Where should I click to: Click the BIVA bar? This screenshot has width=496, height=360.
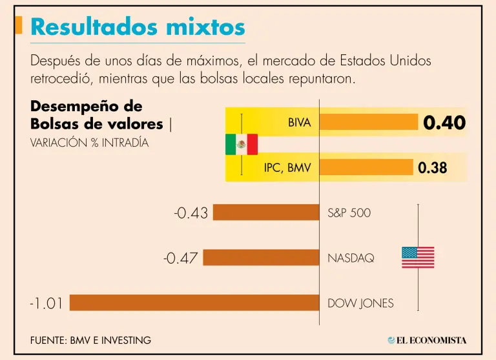point(369,122)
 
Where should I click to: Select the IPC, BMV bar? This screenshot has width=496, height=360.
point(366,167)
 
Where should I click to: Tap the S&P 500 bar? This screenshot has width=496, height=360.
point(266,212)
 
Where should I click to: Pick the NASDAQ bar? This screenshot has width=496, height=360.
point(262,257)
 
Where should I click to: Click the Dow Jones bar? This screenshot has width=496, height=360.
point(194,302)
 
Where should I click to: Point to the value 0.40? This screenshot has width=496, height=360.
point(444,123)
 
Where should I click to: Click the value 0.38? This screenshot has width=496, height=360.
point(432,168)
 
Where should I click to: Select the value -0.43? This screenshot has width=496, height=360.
point(191,213)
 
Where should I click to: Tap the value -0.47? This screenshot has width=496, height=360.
point(180,258)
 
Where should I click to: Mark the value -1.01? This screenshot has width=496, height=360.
point(46,303)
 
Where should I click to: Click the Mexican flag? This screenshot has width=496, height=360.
point(242,145)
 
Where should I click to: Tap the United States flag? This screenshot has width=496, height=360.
point(418,257)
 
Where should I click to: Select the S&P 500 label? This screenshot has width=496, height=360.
point(349,213)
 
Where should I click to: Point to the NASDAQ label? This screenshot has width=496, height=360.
point(351,258)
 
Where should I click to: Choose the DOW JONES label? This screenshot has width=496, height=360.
point(360,303)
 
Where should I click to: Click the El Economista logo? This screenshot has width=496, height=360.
point(427,340)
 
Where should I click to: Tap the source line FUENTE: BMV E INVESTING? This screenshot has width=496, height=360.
point(90,340)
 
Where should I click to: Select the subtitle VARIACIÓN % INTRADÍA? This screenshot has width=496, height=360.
point(89,143)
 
